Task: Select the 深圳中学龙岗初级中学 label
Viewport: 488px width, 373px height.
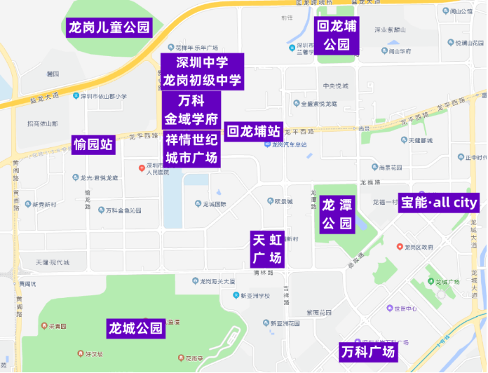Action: (203, 72)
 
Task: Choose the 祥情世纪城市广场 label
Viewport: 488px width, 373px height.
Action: (191, 148)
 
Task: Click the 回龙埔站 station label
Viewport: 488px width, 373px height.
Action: (254, 131)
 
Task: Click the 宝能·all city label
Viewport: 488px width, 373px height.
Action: (438, 203)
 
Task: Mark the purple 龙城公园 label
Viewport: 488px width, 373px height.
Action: (135, 327)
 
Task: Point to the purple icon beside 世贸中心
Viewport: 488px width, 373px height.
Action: (389, 308)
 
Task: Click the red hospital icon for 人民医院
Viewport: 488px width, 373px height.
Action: (141, 168)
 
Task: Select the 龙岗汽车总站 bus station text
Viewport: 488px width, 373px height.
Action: (290, 145)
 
